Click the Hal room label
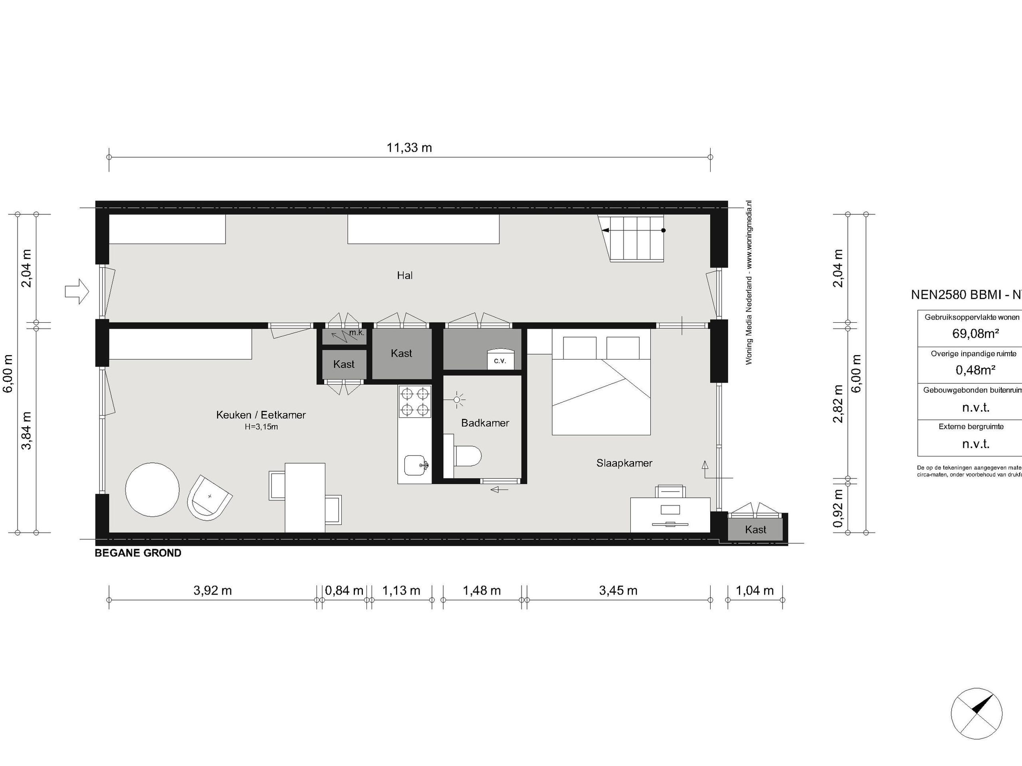[405, 276]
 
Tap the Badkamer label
[485, 423]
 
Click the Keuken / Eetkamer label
[261, 415]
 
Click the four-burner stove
[414, 402]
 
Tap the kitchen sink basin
[415, 465]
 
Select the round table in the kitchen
[152, 490]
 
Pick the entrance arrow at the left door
[77, 291]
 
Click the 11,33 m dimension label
[409, 148]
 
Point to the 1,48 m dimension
[481, 590]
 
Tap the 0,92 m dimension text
[838, 508]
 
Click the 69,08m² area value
[975, 334]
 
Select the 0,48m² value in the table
[975, 370]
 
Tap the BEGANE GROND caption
[138, 553]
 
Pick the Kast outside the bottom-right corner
[755, 529]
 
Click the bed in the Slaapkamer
[601, 386]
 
